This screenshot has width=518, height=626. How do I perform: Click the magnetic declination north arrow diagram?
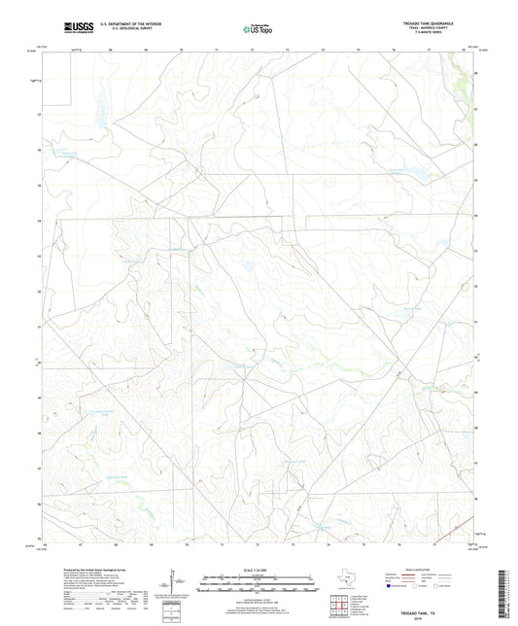click(x=173, y=582)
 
